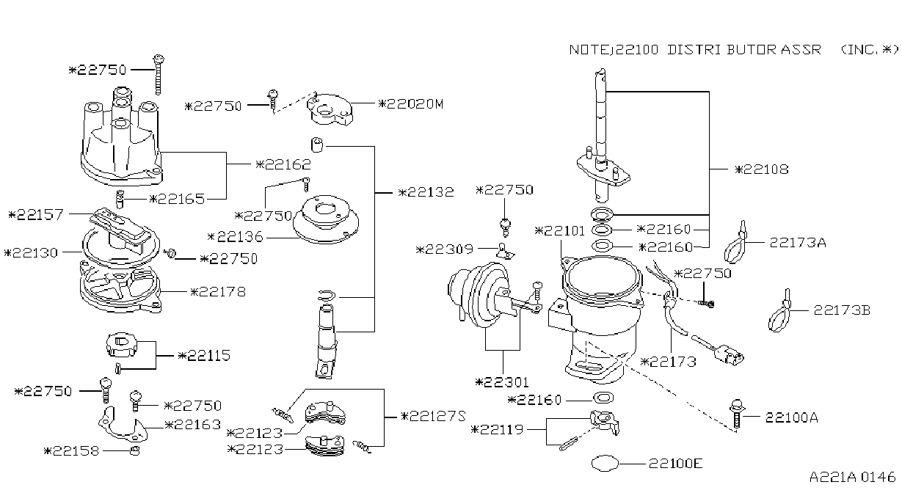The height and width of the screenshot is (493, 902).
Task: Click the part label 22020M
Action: (x=411, y=104)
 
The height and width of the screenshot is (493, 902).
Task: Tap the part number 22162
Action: (x=283, y=164)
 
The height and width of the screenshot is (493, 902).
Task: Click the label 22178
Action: (x=218, y=291)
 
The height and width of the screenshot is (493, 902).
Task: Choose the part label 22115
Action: (x=204, y=355)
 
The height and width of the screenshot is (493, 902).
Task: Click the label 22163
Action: (x=193, y=424)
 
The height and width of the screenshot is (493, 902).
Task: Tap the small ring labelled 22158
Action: (x=135, y=450)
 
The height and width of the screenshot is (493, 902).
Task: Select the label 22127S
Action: (x=433, y=416)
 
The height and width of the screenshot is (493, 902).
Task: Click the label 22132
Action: (x=426, y=191)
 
